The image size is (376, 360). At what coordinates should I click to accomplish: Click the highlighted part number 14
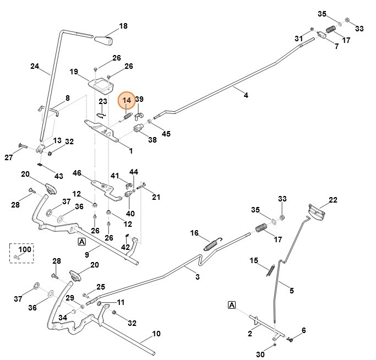coord(127,100)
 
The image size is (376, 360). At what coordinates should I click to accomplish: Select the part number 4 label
coord(246,95)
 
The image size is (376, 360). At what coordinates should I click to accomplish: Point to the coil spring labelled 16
coord(212,243)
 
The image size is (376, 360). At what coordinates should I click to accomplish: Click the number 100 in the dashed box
coord(25,249)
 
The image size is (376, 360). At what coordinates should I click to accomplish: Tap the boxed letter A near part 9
coord(81,242)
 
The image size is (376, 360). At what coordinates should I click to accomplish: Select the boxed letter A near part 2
coord(232,304)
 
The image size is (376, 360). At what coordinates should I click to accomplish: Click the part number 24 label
coord(35,66)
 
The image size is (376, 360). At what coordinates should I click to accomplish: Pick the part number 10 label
coord(156,334)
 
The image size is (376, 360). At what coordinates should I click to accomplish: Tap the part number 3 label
coord(198,277)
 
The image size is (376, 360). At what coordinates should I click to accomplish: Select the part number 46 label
coord(77,173)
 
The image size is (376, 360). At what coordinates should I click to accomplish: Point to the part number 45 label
coord(166,133)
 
